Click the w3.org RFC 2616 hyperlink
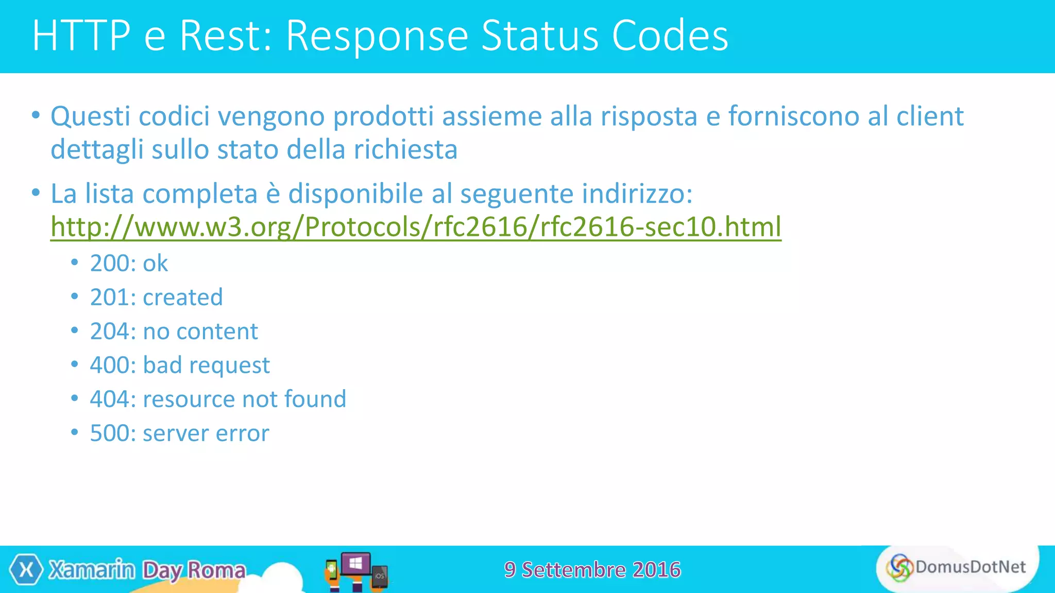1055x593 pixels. point(415,227)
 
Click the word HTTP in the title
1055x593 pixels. point(81,36)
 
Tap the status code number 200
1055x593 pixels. point(109,264)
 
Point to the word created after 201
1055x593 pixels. point(182,298)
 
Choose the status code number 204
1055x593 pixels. point(109,332)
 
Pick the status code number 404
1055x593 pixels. point(109,399)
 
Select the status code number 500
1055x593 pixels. point(109,433)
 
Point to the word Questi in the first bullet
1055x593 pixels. point(90,117)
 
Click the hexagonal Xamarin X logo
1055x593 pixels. point(26,570)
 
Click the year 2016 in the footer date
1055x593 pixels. point(656,570)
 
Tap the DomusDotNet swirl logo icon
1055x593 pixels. point(899,568)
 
